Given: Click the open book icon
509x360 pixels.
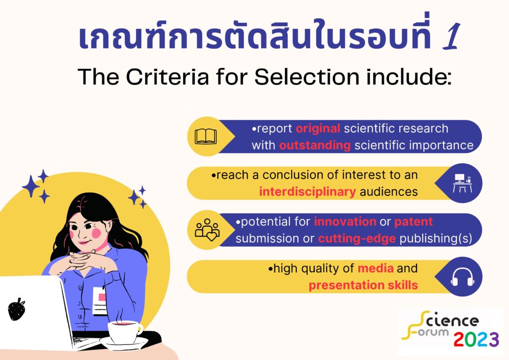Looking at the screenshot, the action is point(205,137).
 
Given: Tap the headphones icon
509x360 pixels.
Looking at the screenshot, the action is point(462,277).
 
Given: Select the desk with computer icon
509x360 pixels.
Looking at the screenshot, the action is point(462,183).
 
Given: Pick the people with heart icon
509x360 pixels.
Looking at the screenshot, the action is point(207,230).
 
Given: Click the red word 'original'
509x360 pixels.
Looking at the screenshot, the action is point(318,129).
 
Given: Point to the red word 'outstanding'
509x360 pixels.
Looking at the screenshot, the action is point(315,145).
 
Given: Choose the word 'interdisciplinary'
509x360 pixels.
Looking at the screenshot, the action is point(307,191).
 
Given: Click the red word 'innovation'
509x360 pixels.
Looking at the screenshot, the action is point(345,221).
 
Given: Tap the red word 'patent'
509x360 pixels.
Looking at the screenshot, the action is point(414,222).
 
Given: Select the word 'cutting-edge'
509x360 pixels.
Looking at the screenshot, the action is point(357,239).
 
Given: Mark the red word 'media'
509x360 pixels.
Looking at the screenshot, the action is point(376,269).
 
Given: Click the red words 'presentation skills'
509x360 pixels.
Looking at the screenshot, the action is point(363,285).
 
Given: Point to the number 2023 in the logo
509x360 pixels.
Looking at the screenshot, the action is point(476,340).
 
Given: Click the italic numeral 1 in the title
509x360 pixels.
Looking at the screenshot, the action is point(451,36).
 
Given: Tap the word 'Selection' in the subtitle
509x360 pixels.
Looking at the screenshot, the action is point(307,77).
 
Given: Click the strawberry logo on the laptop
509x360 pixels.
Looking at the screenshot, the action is point(16,309).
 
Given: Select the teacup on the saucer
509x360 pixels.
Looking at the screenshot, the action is point(124,332).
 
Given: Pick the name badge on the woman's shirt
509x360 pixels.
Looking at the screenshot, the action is point(100,301).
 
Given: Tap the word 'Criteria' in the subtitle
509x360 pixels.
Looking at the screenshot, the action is point(167,77).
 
